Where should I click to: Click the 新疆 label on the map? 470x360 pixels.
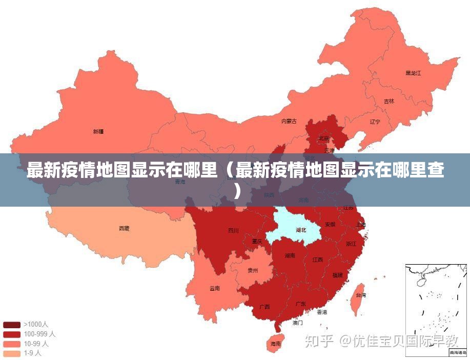pos(98,132)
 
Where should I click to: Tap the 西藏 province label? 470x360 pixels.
pos(124,228)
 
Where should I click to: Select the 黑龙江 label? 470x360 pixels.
pos(413,73)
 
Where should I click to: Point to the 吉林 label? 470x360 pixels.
pos(389,102)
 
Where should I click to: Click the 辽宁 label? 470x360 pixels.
pos(375,122)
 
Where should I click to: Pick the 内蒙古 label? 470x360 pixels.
pos(289,122)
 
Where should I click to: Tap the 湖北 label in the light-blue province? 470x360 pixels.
pos(300,230)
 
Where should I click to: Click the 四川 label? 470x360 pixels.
pos(233,231)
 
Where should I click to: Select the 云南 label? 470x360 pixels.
pos(214,289)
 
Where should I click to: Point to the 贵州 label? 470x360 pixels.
pos(253,271)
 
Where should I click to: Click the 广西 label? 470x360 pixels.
pos(264,307)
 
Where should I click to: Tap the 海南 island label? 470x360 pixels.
pos(275,344)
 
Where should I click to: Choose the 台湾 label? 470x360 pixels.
pos(360,295)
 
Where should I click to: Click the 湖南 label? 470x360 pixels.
pos(290,255)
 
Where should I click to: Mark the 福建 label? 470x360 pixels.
pos(337,275)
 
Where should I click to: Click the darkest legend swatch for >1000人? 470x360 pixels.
pos(11,325)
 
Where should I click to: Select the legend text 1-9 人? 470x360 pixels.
pos(32,353)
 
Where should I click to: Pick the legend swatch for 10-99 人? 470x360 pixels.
pos(11,344)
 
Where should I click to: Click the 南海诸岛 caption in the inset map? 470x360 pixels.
pos(458,353)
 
